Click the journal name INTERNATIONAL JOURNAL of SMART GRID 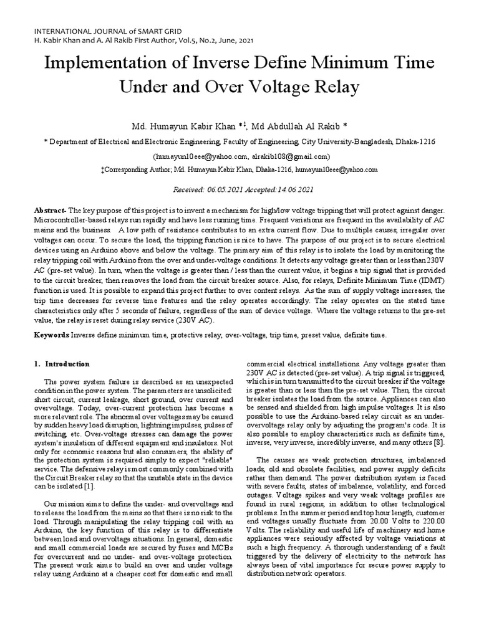pyautogui.click(x=87, y=30)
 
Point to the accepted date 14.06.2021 pyautogui.click(x=295, y=189)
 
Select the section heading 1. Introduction pyautogui.click(x=62, y=364)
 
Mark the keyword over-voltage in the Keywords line pyautogui.click(x=245, y=335)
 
